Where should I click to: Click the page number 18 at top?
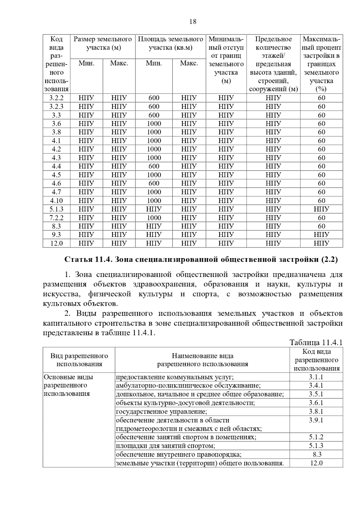193,22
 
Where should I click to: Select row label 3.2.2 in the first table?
56,98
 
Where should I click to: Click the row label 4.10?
56,201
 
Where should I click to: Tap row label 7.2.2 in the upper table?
56,218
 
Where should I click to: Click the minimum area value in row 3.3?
154,115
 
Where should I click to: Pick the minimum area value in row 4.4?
154,166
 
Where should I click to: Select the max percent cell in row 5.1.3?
321,209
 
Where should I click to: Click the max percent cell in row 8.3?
321,226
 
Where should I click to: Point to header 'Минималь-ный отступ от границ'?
226,47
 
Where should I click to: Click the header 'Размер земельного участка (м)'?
103,43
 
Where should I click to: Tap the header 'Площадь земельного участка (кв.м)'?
170,43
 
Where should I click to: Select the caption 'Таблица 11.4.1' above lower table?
316,343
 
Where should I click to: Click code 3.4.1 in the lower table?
316,386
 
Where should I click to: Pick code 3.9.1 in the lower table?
316,420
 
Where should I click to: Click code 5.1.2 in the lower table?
316,437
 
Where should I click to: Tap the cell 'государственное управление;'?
161,412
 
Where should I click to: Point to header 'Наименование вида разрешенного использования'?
202,360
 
